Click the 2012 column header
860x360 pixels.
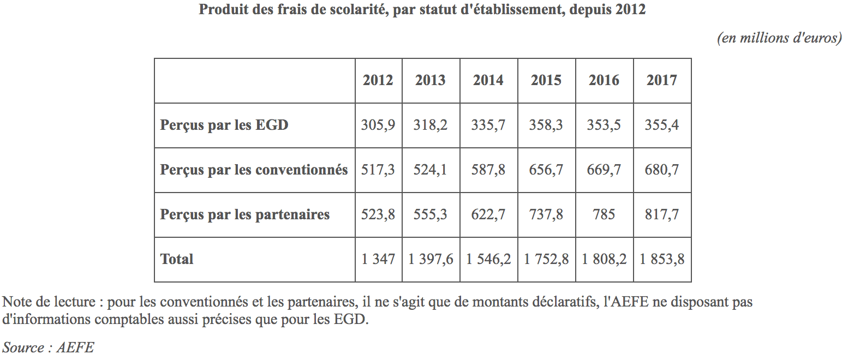click(x=378, y=80)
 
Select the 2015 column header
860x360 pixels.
click(x=546, y=80)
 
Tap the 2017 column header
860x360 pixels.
click(x=662, y=80)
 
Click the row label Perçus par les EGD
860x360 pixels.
click(x=224, y=125)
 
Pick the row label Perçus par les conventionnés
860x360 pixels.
click(x=254, y=170)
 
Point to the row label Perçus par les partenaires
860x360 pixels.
click(x=245, y=214)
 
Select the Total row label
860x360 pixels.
click(x=177, y=259)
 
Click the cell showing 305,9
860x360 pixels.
click(x=378, y=125)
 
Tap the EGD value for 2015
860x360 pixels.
click(x=546, y=125)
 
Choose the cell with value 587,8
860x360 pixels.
click(x=488, y=170)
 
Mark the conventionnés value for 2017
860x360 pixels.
click(x=662, y=170)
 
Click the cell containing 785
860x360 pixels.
click(x=604, y=214)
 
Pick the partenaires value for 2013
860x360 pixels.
click(x=431, y=214)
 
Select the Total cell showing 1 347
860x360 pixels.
click(x=378, y=259)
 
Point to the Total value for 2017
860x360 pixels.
click(x=662, y=259)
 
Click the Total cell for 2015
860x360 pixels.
click(x=546, y=259)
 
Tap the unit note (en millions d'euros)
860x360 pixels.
click(x=779, y=38)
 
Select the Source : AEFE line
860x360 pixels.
click(x=48, y=347)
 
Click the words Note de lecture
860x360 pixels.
click(x=49, y=302)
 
